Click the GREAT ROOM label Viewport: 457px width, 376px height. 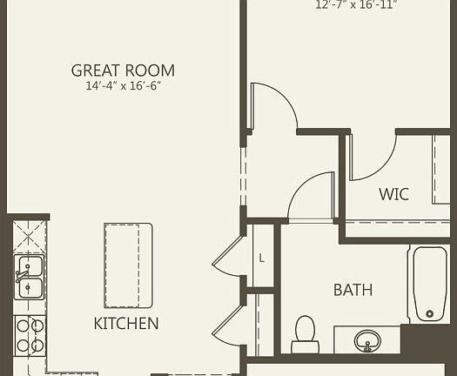[x=123, y=70]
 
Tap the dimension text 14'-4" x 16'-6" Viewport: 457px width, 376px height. [x=123, y=86]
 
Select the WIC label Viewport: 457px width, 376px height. [x=393, y=193]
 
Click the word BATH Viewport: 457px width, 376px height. [x=353, y=290]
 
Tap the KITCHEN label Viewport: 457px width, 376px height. [x=126, y=324]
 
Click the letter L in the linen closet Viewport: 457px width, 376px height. [x=261, y=258]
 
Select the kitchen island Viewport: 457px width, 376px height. [x=128, y=265]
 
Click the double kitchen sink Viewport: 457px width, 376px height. [x=30, y=277]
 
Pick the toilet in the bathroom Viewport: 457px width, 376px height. [x=305, y=332]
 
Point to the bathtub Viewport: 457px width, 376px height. [x=428, y=284]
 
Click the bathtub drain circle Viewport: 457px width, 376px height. [x=428, y=313]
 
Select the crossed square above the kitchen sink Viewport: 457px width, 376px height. [x=29, y=235]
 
